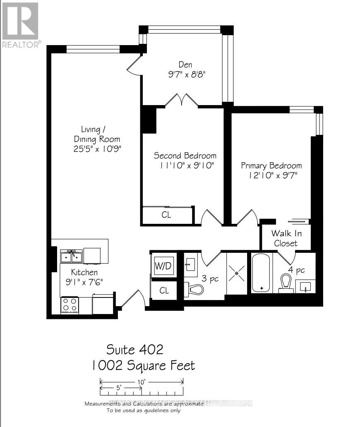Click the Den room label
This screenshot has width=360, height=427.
tap(185, 65)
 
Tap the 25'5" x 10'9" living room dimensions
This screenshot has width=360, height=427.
tap(98, 149)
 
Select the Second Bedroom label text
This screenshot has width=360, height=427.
tap(185, 156)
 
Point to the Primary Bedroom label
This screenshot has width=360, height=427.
tap(271, 166)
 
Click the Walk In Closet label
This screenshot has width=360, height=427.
tap(286, 238)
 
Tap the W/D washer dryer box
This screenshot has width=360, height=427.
tap(163, 266)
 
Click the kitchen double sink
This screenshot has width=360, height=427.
tap(71, 257)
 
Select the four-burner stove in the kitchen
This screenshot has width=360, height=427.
tap(70, 305)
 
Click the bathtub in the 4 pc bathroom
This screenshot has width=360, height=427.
tap(261, 273)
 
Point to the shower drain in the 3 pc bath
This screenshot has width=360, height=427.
tap(236, 273)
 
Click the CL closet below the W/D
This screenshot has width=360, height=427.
tap(164, 290)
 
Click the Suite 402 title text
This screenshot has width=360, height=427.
tap(135, 350)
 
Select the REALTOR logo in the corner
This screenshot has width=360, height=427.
tap(21, 25)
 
